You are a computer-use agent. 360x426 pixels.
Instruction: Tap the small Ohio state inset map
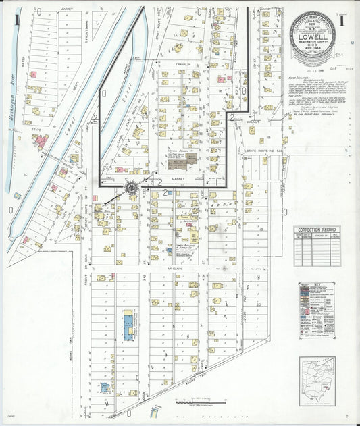coord(317,381)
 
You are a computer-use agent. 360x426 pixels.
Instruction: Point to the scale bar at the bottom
coord(200,402)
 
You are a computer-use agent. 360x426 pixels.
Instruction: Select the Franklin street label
coord(179,65)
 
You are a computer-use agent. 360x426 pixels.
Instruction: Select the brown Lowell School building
coord(192,159)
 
